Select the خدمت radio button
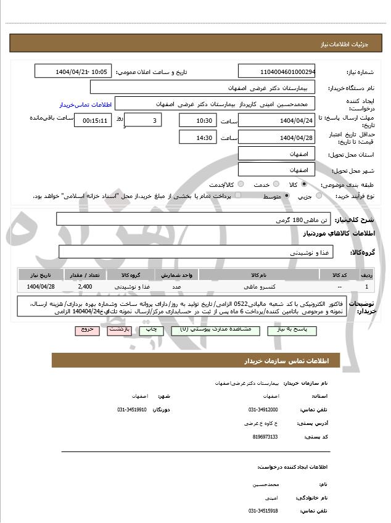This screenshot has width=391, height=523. click(275, 184)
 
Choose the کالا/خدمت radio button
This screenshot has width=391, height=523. click(240, 184)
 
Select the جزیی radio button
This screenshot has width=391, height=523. click(318, 196)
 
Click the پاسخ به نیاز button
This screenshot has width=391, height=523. click(288, 330)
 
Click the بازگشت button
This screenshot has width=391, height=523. click(119, 330)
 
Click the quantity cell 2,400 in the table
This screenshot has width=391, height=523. click(85, 287)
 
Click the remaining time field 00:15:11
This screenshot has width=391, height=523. click(93, 120)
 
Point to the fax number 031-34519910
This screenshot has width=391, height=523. click(132, 410)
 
